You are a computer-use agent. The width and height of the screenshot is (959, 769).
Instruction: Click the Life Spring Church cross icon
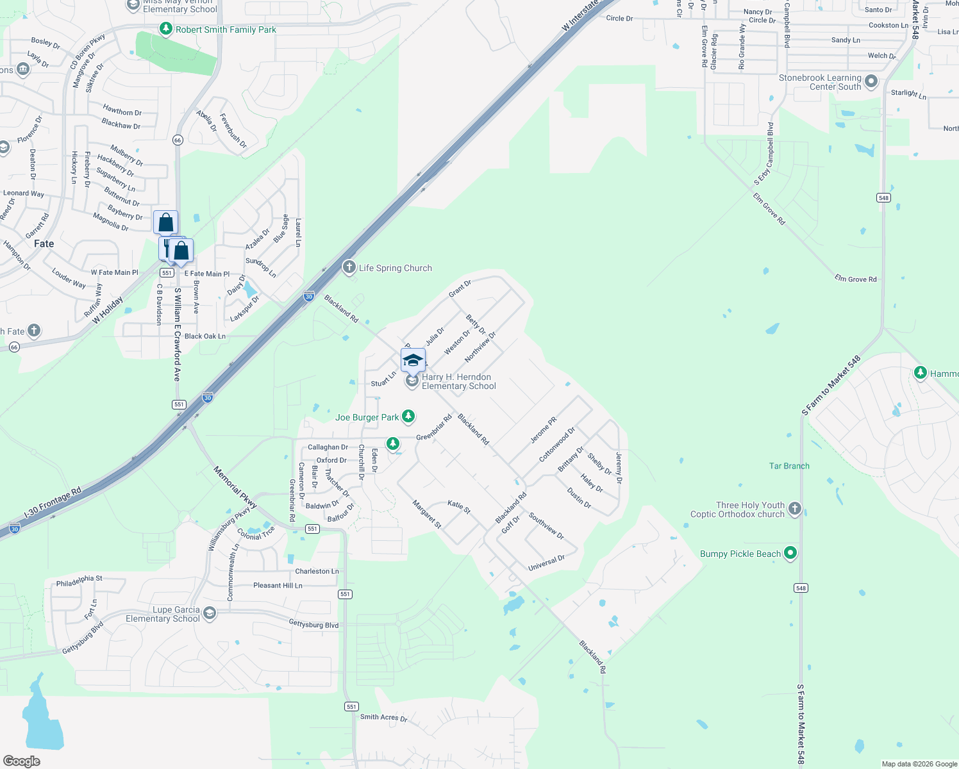(349, 267)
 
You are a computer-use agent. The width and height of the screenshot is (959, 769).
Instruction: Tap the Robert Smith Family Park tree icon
(166, 29)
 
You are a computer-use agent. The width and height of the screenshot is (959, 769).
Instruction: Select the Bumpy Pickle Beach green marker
(790, 553)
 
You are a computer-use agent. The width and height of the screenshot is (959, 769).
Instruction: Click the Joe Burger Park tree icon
(408, 417)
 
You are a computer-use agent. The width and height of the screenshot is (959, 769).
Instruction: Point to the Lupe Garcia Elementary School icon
(209, 613)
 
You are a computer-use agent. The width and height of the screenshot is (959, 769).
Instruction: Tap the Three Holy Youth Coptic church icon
(795, 509)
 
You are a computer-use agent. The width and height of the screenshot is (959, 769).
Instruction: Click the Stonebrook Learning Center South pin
(871, 81)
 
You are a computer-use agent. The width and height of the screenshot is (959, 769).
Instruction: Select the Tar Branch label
(789, 466)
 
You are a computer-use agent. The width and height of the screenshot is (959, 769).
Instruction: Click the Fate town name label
(44, 244)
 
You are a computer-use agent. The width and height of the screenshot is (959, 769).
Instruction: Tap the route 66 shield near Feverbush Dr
(178, 140)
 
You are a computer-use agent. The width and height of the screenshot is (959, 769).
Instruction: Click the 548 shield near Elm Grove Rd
(883, 197)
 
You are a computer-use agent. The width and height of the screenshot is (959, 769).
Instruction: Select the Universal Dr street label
(546, 563)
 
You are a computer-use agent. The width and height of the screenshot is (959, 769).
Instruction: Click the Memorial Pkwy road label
(235, 488)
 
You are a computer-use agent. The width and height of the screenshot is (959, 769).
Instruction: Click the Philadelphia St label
(79, 581)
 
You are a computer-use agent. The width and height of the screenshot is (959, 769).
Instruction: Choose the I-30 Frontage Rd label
(53, 502)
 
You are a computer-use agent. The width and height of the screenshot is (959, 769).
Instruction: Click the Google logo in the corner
(21, 761)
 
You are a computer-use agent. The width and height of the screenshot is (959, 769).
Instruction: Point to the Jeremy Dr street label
(619, 467)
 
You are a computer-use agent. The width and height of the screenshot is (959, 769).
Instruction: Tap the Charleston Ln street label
(317, 571)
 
